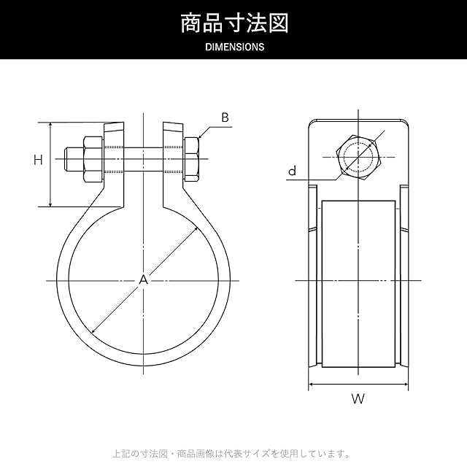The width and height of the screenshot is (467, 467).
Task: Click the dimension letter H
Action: click(38, 160)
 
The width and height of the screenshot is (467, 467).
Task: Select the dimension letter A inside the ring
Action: click(144, 279)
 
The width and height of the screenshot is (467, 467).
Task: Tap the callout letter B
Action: click(225, 117)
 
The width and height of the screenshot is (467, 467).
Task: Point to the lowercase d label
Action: click(293, 171)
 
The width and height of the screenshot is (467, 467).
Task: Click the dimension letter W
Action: click(358, 399)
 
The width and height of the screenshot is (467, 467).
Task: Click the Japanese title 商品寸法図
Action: click(235, 23)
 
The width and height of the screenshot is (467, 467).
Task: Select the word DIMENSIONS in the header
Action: click(235, 47)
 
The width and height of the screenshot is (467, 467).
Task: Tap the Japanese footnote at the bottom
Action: click(232, 454)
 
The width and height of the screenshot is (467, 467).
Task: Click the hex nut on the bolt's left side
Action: click(93, 159)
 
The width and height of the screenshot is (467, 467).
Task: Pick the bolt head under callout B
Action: click(191, 159)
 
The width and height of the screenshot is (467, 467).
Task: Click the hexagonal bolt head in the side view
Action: click(358, 157)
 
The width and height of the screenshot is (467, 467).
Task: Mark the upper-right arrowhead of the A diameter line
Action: click(196, 228)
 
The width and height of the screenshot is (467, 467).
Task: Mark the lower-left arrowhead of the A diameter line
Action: click(93, 331)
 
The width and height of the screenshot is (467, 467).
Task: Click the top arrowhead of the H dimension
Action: click(50, 125)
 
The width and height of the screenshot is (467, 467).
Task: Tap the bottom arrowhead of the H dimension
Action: click(50, 204)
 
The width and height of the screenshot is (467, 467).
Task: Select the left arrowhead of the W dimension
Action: click(312, 385)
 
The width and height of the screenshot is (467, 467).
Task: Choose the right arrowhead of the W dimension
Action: click(406, 385)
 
